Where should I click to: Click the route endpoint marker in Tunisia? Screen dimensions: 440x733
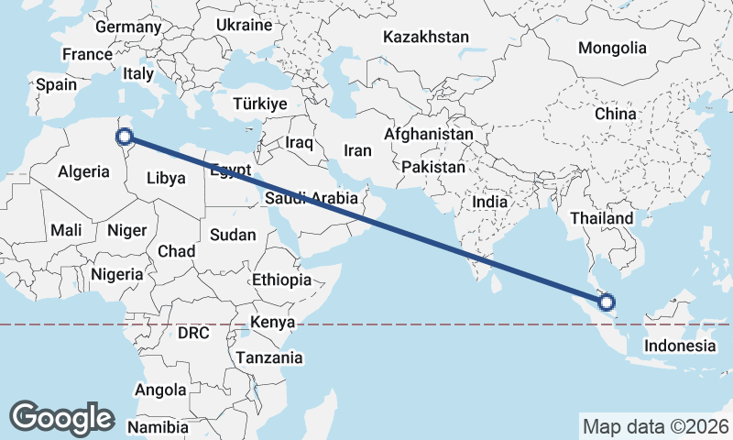tap(125, 139)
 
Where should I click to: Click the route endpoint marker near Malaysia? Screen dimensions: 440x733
tap(606, 302)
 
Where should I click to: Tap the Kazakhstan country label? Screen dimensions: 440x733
tap(426, 38)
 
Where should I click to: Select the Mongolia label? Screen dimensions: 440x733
tap(612, 49)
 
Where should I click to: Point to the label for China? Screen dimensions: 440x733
tap(615, 115)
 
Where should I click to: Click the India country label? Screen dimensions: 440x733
tap(490, 202)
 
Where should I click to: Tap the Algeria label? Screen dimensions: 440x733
tap(84, 171)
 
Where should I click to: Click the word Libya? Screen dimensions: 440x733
tap(166, 178)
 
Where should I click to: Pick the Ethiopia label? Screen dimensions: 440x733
tap(281, 280)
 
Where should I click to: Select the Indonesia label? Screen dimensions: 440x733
tap(679, 346)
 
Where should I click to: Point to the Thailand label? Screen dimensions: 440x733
tap(602, 218)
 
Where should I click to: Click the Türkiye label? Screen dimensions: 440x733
tap(260, 104)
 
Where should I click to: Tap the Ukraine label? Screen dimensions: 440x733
tap(245, 25)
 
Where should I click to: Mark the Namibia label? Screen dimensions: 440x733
tap(158, 427)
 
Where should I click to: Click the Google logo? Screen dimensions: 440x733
tap(61, 418)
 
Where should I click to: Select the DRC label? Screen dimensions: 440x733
tap(194, 332)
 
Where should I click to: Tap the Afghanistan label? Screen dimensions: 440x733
tap(429, 135)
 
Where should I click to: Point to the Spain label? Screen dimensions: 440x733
tap(57, 84)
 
